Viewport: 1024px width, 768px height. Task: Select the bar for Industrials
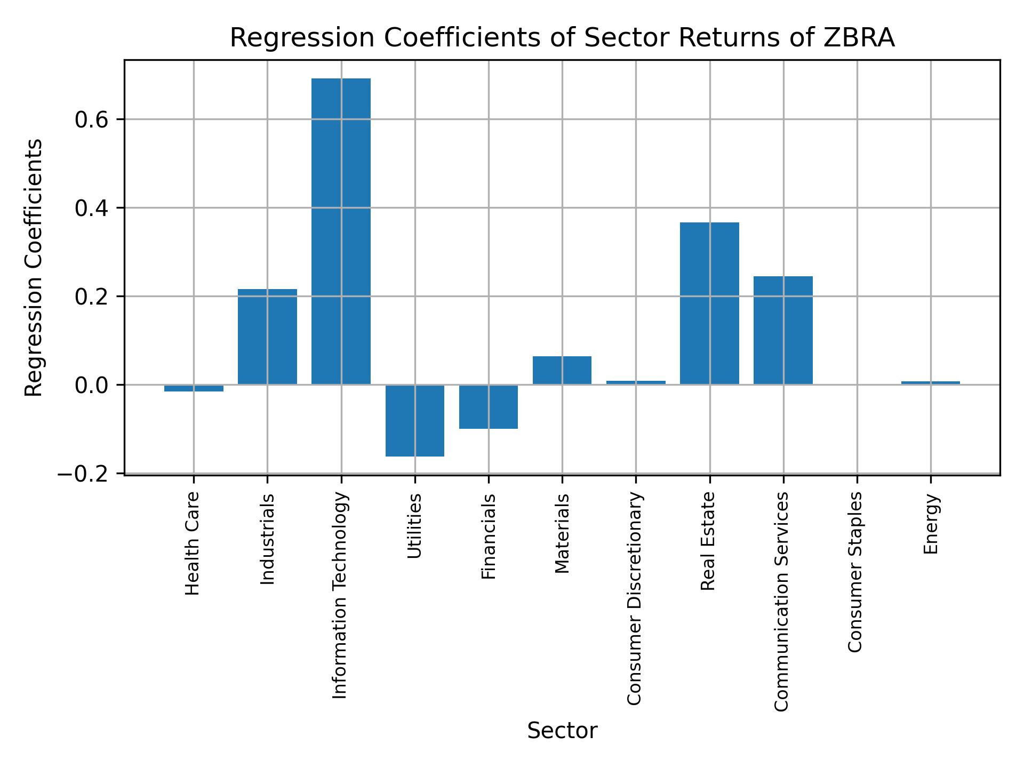[267, 337]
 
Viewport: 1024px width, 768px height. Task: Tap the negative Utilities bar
[415, 420]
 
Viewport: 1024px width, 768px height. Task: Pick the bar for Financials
[489, 406]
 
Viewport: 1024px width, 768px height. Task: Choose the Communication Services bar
[783, 330]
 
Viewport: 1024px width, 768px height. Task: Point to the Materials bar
[562, 370]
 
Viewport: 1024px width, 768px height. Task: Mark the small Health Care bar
[194, 388]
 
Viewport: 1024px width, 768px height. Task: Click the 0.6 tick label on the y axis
[92, 119]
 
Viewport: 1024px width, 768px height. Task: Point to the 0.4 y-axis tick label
[92, 208]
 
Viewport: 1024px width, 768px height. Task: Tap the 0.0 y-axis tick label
[92, 385]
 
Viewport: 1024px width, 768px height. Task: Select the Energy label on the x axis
[931, 524]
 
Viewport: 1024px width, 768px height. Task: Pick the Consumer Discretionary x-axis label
[634, 598]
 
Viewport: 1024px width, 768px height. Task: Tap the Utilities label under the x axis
[414, 526]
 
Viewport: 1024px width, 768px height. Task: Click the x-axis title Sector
[562, 731]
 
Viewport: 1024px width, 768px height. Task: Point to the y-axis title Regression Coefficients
[34, 267]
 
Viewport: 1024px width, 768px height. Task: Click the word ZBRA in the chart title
[859, 38]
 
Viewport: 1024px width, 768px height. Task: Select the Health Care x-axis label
[192, 543]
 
